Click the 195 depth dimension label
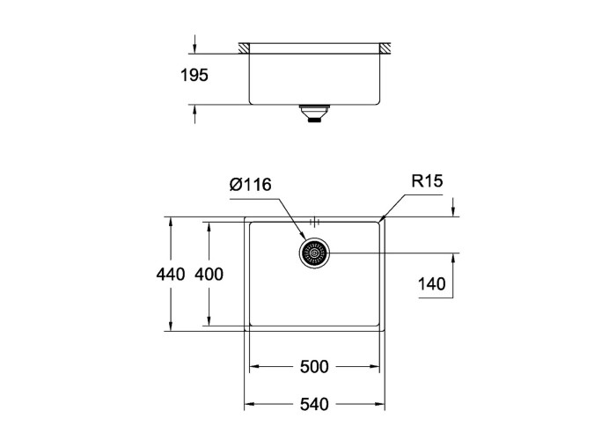click(194, 75)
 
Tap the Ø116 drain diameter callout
click(250, 184)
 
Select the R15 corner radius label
click(427, 180)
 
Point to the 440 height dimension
click(170, 274)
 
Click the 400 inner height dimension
click(209, 274)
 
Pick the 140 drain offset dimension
click(431, 283)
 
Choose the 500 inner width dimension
click(314, 367)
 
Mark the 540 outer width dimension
click(314, 404)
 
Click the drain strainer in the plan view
click(314, 253)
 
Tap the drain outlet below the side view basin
click(313, 114)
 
